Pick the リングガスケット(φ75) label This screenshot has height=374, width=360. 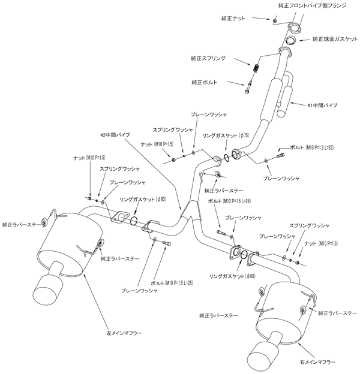coord(225,136)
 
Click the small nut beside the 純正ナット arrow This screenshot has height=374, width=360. coord(274,21)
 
